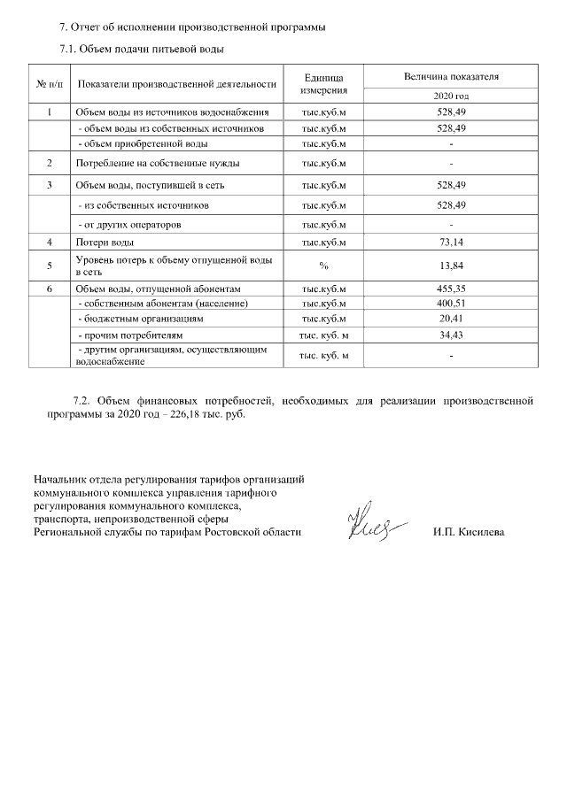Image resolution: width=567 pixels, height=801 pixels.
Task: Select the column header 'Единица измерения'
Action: (323, 84)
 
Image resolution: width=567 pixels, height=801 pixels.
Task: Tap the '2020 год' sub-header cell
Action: (451, 95)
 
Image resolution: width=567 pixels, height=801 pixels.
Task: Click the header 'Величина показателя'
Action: (451, 77)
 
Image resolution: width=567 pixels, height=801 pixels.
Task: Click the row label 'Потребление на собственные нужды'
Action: (157, 164)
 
